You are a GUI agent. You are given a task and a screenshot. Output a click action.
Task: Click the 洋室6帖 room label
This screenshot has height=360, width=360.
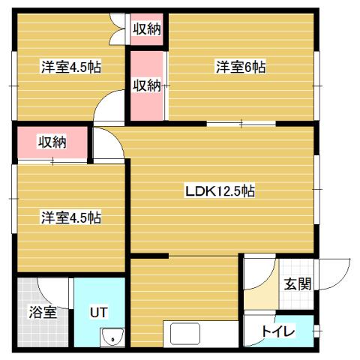tap(241, 67)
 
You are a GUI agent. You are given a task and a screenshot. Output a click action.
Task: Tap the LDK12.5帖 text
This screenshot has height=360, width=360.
tap(220, 191)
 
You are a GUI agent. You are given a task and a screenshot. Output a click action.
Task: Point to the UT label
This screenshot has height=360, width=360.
tap(98, 311)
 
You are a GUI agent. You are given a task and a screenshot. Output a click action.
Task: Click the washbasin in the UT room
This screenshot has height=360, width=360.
tap(112, 337)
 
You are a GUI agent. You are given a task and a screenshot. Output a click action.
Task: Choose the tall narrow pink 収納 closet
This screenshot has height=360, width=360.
tap(147, 85)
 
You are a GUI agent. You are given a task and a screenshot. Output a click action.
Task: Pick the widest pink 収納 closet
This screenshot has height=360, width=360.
tap(52, 142)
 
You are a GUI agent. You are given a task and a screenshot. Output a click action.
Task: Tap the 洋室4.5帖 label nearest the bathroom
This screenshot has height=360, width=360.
tap(70, 217)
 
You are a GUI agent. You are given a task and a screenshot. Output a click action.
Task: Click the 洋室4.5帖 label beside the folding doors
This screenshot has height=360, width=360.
tap(70, 66)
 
